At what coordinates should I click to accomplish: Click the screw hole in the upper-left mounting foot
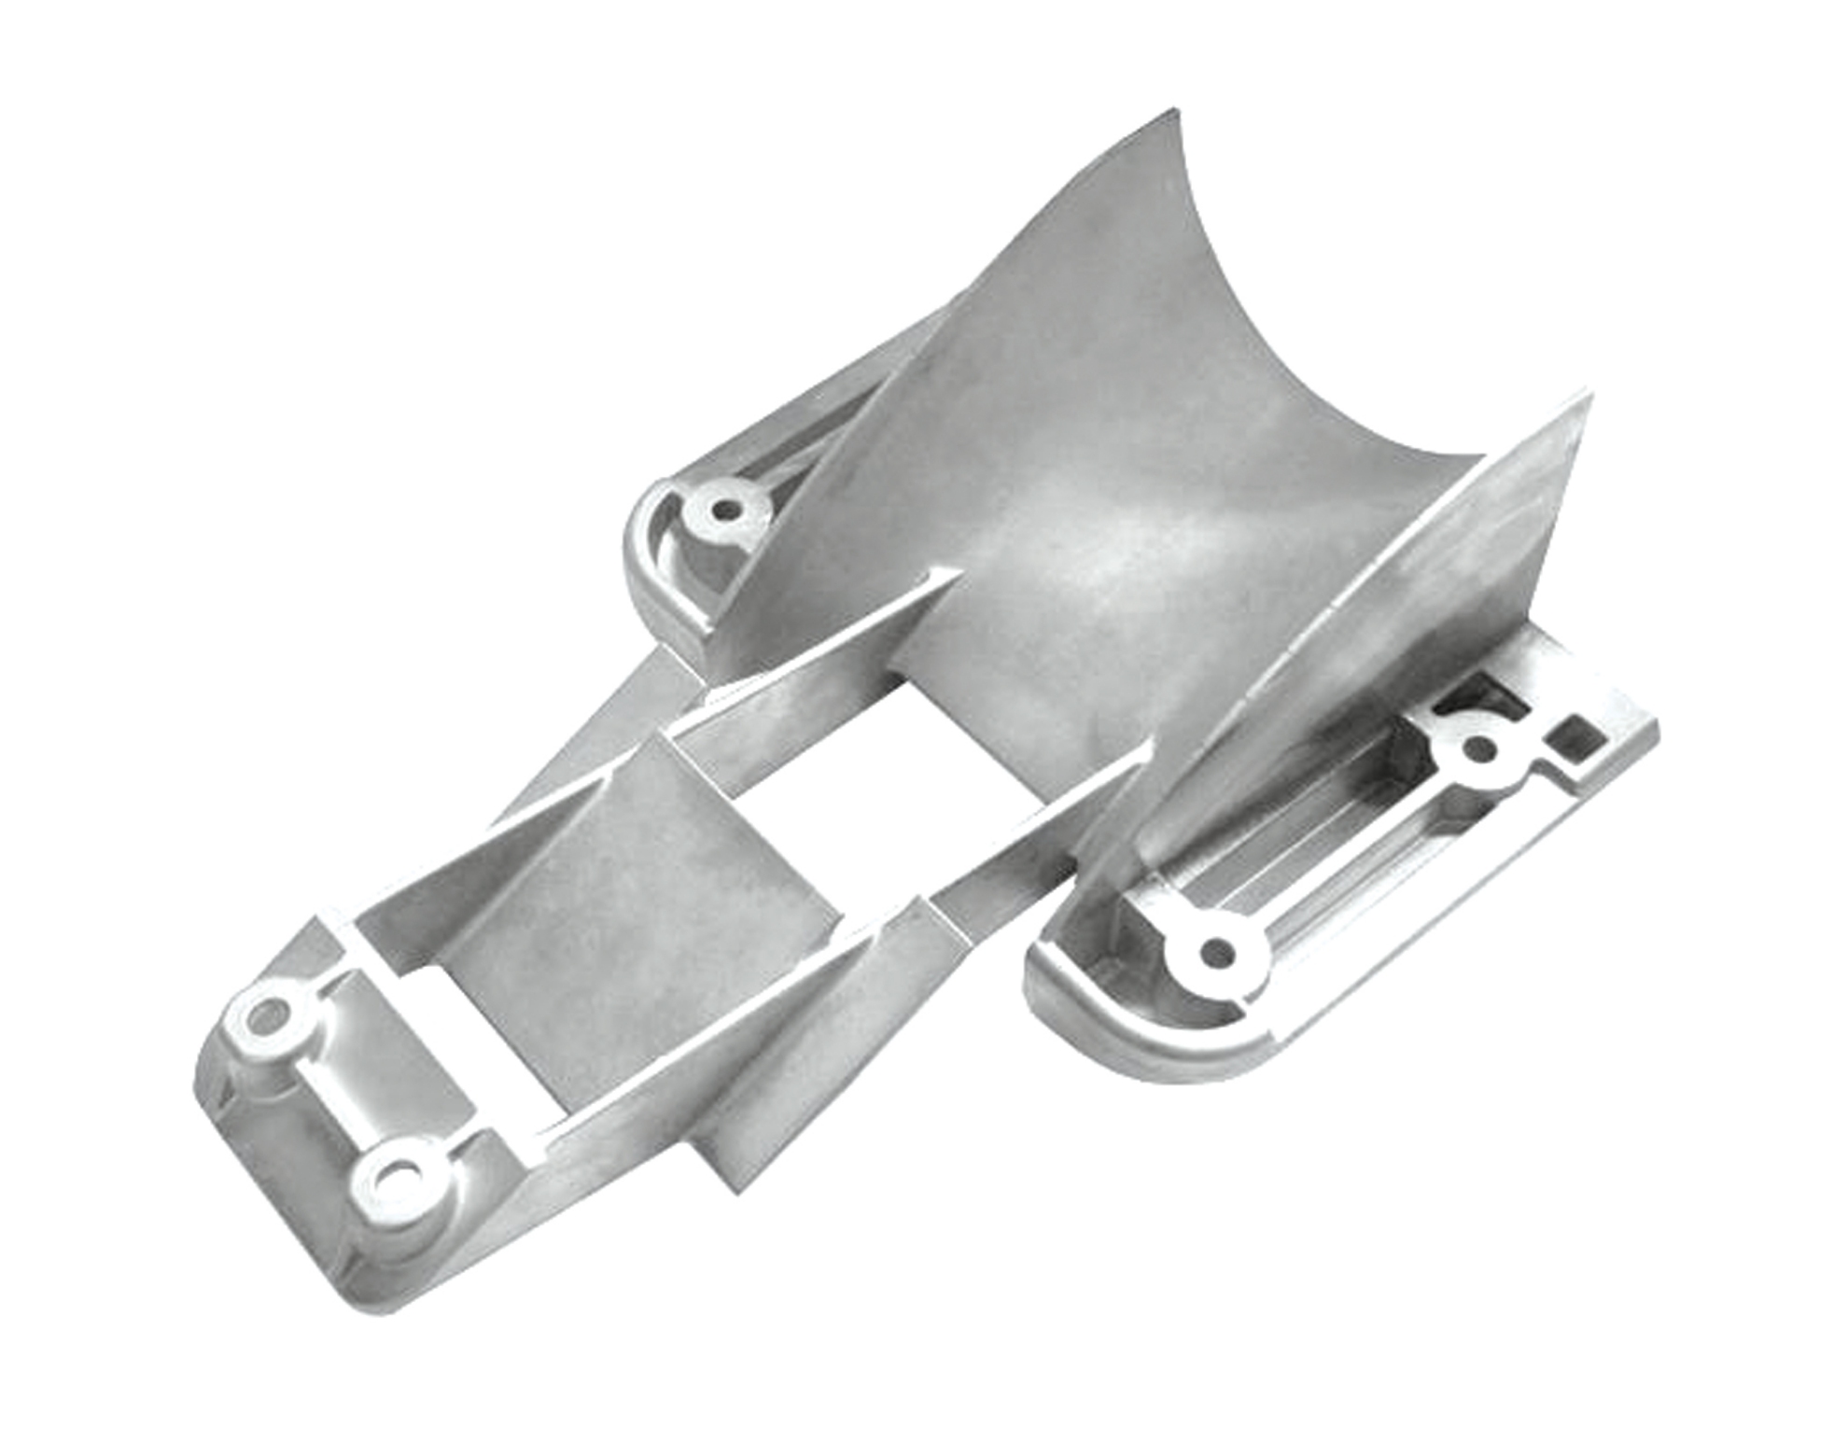click(x=723, y=510)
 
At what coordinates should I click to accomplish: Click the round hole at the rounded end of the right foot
click(x=1216, y=953)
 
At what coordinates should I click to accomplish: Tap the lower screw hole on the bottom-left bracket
click(x=399, y=1176)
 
